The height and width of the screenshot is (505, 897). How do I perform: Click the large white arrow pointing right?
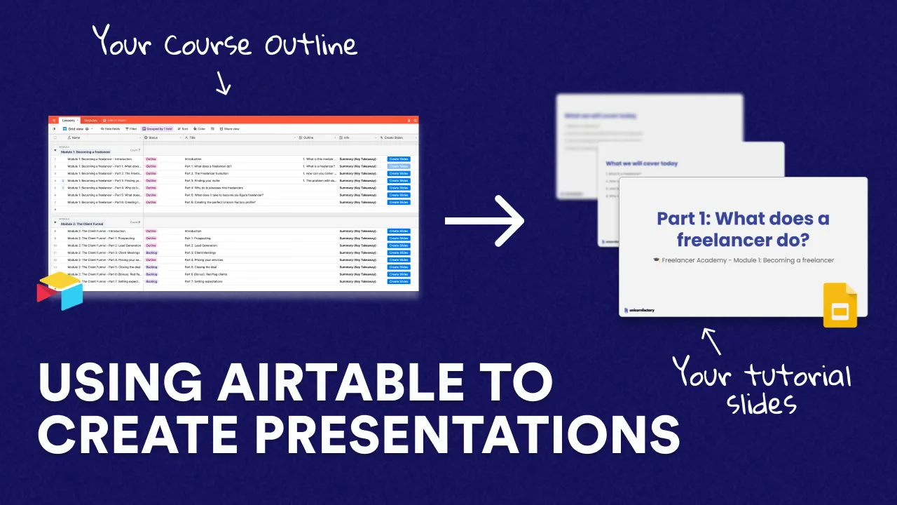[485, 221]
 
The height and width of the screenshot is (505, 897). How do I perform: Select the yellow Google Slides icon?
[840, 305]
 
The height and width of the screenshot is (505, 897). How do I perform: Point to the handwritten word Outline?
[310, 45]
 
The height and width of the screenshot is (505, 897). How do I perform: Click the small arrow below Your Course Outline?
[223, 85]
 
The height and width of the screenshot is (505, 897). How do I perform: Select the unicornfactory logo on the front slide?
[638, 309]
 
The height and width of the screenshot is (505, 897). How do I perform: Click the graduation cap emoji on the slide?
[656, 260]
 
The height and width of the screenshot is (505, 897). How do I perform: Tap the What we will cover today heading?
[642, 163]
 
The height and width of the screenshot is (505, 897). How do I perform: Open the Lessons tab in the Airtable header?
[68, 121]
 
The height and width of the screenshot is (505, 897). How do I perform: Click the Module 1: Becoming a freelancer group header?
[85, 151]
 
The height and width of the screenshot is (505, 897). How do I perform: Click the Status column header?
[153, 137]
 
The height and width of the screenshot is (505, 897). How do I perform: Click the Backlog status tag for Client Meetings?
[151, 252]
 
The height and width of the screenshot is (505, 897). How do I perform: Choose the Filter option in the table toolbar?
[131, 129]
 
